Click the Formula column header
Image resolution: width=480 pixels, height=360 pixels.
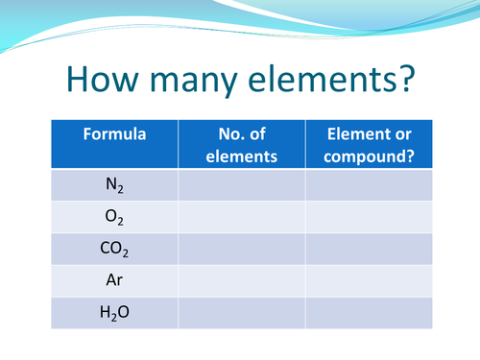[x=114, y=134]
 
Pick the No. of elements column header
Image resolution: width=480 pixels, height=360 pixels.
[x=241, y=144]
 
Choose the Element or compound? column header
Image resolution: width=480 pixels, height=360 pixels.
[x=369, y=144]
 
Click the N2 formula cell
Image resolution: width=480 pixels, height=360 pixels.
[x=114, y=184]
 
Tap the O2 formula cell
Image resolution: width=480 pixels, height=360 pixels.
[x=114, y=217]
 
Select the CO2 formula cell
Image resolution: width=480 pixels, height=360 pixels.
[x=114, y=250]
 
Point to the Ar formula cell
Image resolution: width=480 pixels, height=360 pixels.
[x=114, y=281]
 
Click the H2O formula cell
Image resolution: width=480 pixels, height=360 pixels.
[x=114, y=313]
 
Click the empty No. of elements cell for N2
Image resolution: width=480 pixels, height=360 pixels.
[x=241, y=184]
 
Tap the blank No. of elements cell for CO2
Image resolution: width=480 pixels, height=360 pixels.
[x=241, y=250]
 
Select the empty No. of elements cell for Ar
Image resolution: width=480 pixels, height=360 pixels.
[x=241, y=281]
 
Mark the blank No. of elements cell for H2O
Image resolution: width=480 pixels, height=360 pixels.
[x=241, y=313]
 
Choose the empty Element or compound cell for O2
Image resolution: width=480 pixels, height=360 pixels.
[x=369, y=217]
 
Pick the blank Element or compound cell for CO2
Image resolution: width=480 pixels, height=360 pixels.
[x=369, y=250]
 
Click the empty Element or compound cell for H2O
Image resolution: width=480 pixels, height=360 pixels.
[x=369, y=313]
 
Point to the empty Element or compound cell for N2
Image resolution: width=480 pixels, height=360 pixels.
[x=369, y=184]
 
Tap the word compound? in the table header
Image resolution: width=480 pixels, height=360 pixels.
[x=369, y=154]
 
